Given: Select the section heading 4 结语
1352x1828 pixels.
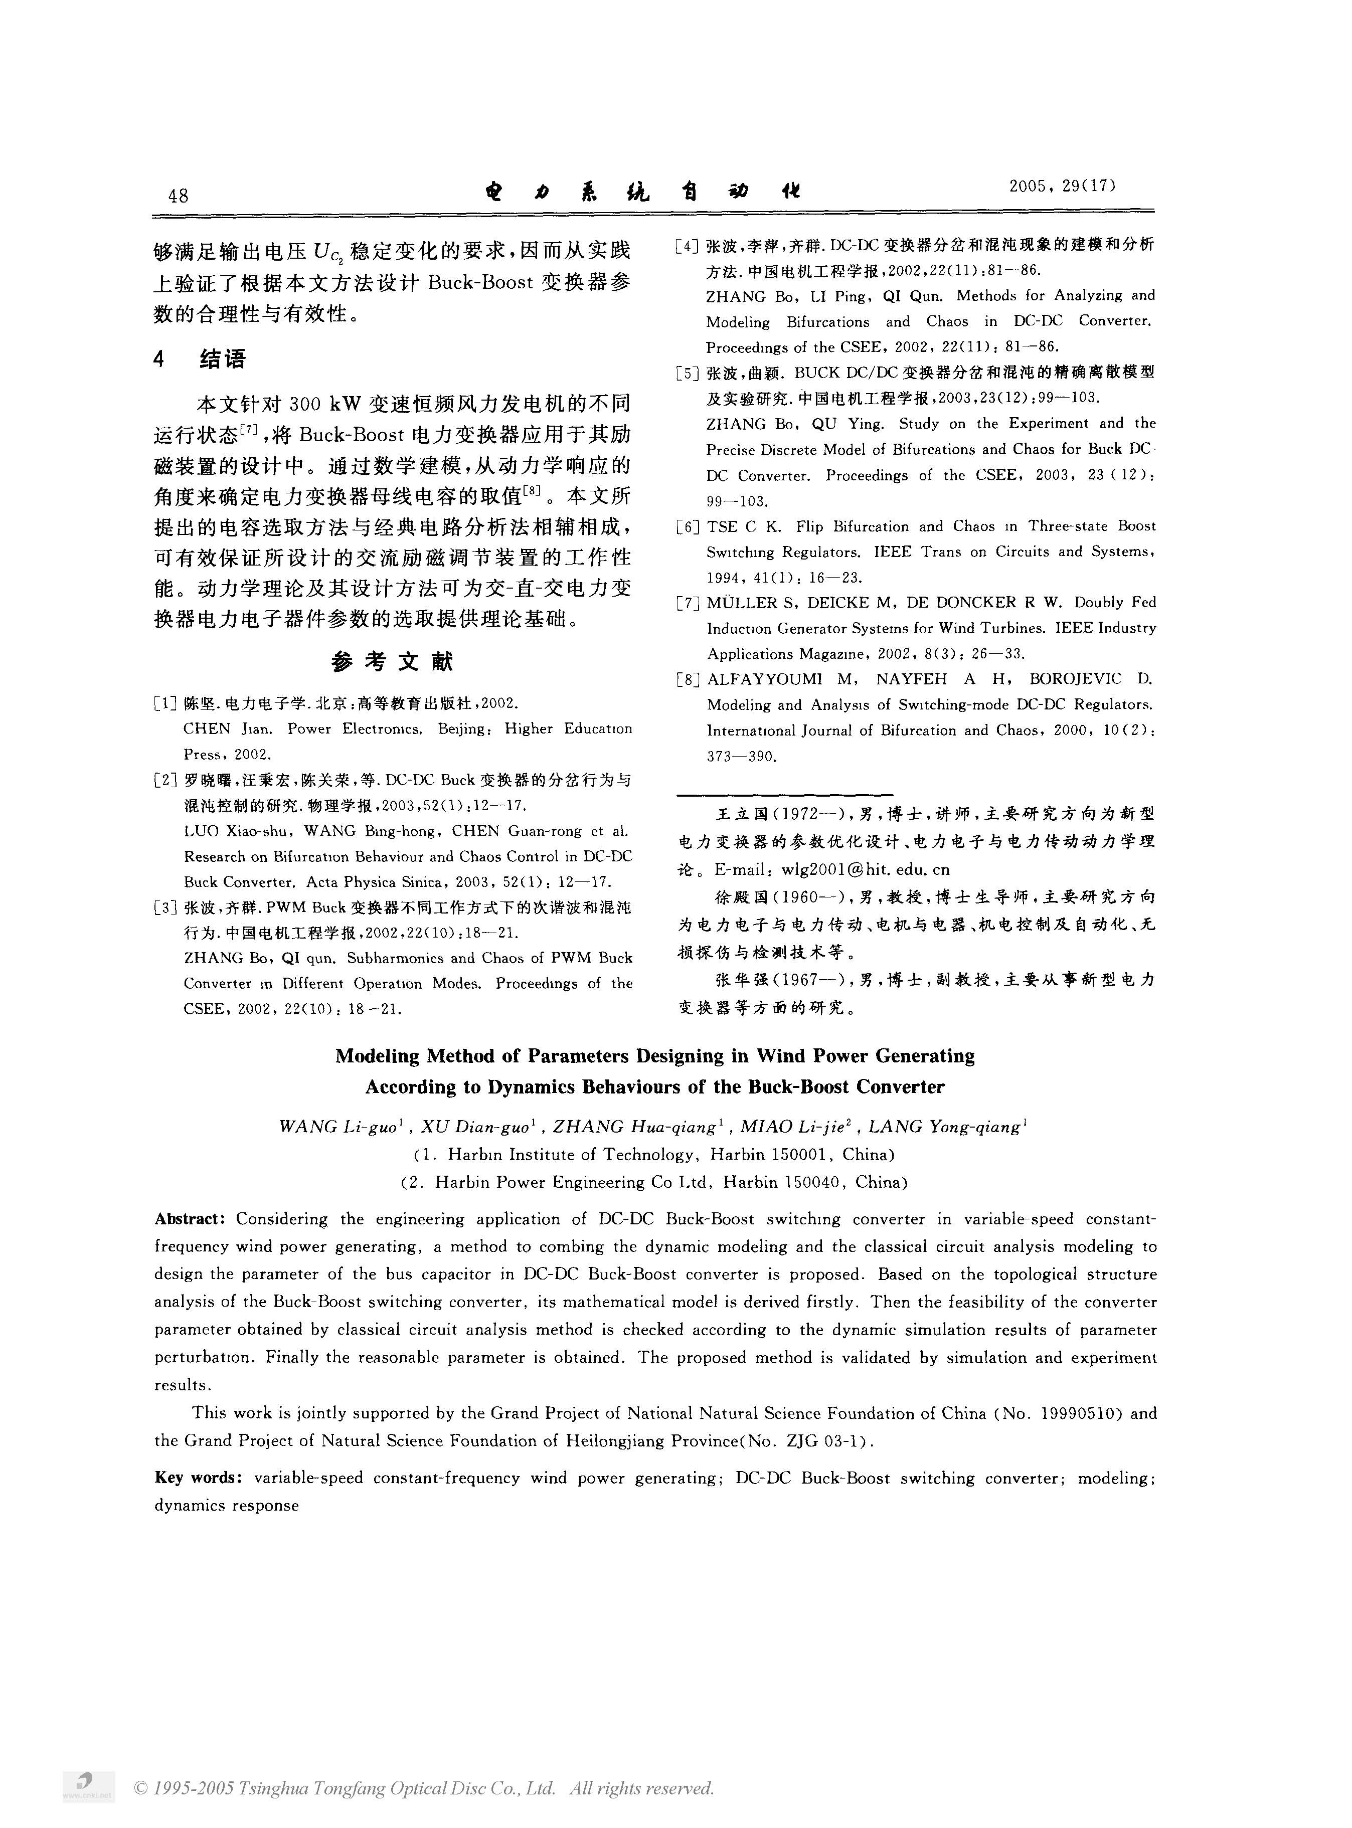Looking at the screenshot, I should pos(200,358).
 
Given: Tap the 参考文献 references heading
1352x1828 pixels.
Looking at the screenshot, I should pos(392,661).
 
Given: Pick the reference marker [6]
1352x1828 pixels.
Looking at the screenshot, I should pos(688,527).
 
